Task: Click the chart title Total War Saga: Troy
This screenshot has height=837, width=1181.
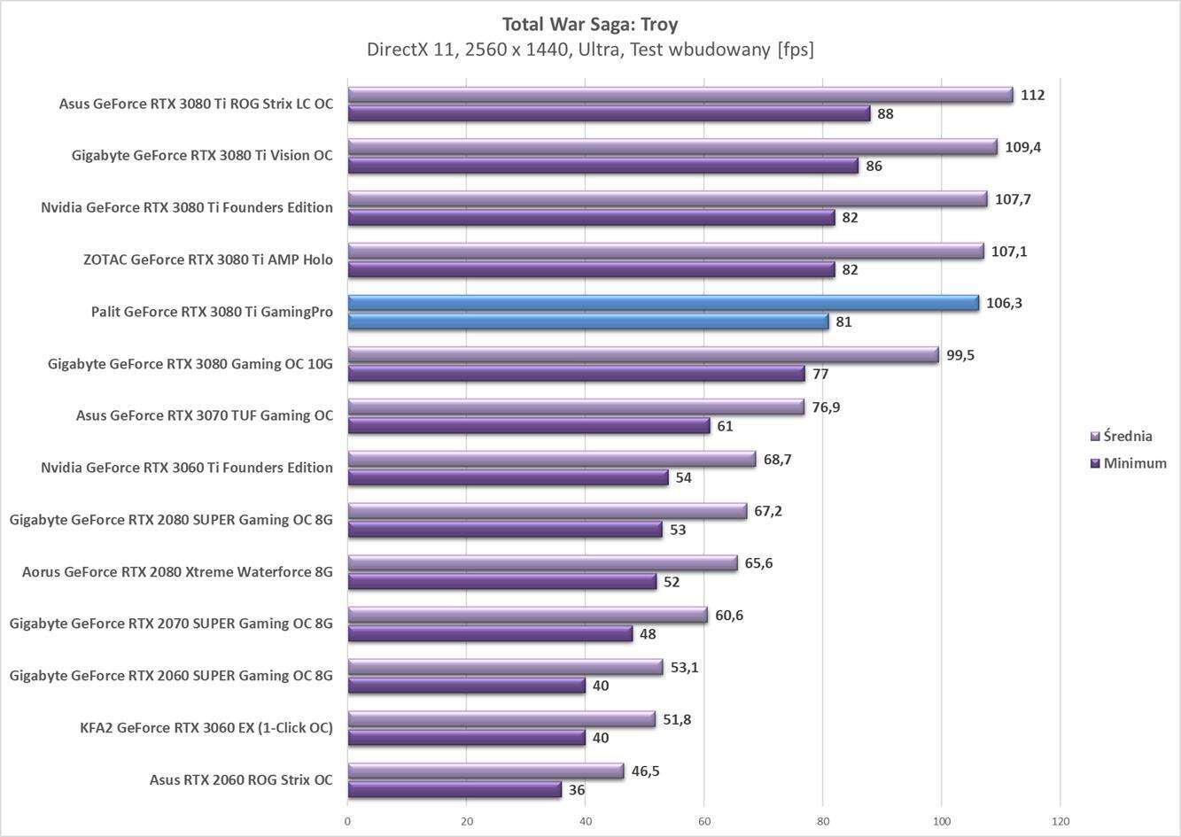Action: pos(590,24)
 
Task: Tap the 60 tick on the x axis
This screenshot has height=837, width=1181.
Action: pos(704,821)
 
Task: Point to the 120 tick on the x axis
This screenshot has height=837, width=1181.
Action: pos(1060,821)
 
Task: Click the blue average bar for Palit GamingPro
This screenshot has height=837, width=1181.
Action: pos(663,303)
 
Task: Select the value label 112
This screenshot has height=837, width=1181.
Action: pos(1032,95)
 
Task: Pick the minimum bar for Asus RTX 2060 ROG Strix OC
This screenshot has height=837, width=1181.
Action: pos(455,789)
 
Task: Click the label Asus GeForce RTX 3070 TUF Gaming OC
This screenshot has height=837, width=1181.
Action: pos(205,415)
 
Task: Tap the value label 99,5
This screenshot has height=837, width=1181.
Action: pos(960,355)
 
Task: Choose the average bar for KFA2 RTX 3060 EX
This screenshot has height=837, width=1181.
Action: pos(501,719)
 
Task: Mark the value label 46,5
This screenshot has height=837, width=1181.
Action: pos(645,771)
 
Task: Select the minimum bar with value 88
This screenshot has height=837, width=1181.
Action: pos(609,113)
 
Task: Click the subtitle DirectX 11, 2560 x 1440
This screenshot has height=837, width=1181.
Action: pos(590,50)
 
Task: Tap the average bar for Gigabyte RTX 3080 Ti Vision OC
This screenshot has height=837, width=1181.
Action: pos(672,147)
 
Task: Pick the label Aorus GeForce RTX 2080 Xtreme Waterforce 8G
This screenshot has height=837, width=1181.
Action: pos(177,572)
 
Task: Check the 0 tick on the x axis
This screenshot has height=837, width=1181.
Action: pos(347,821)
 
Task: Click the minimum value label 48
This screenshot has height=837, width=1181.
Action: pos(648,634)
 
